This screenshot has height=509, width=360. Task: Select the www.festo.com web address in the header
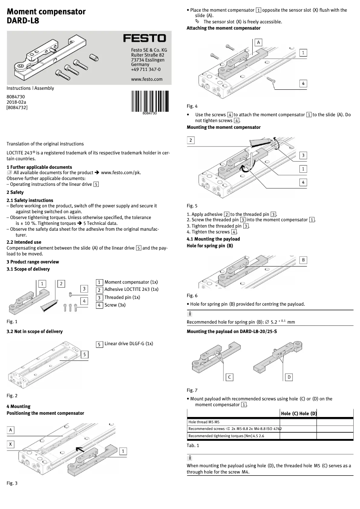tap(144, 79)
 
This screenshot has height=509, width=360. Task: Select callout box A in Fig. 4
tap(259, 42)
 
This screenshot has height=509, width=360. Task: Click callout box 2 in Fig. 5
tap(191, 140)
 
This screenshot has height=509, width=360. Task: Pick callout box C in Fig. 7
tap(229, 377)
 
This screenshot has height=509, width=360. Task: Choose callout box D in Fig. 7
tap(289, 377)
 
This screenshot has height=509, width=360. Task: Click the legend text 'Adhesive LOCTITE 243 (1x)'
tap(131, 290)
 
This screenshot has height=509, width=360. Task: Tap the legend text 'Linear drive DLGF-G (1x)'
tap(128, 343)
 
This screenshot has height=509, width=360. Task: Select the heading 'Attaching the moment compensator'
tap(224, 28)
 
